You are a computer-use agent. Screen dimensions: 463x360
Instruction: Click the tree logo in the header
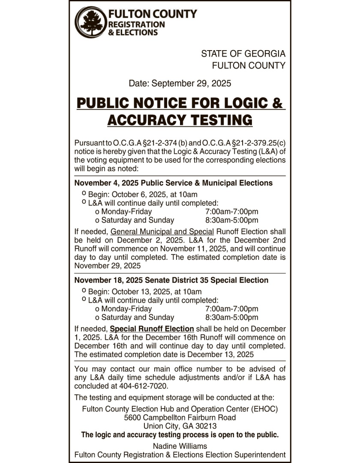coord(90,22)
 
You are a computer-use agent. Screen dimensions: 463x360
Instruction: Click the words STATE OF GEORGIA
coord(243,54)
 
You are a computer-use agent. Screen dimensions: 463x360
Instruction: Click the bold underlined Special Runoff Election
coord(152,329)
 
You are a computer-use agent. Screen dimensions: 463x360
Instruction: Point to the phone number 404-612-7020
coord(144,385)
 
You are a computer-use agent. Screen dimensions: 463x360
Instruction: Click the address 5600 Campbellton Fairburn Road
coord(180,418)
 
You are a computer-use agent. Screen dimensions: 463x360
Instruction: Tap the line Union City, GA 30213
coord(180,426)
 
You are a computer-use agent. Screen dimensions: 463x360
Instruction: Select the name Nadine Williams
coord(180,446)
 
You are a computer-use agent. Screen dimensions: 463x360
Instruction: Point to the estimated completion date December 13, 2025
coord(220,355)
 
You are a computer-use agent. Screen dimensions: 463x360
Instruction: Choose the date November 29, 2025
coord(108,266)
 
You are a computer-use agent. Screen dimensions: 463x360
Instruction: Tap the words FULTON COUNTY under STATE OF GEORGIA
coord(249,66)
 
